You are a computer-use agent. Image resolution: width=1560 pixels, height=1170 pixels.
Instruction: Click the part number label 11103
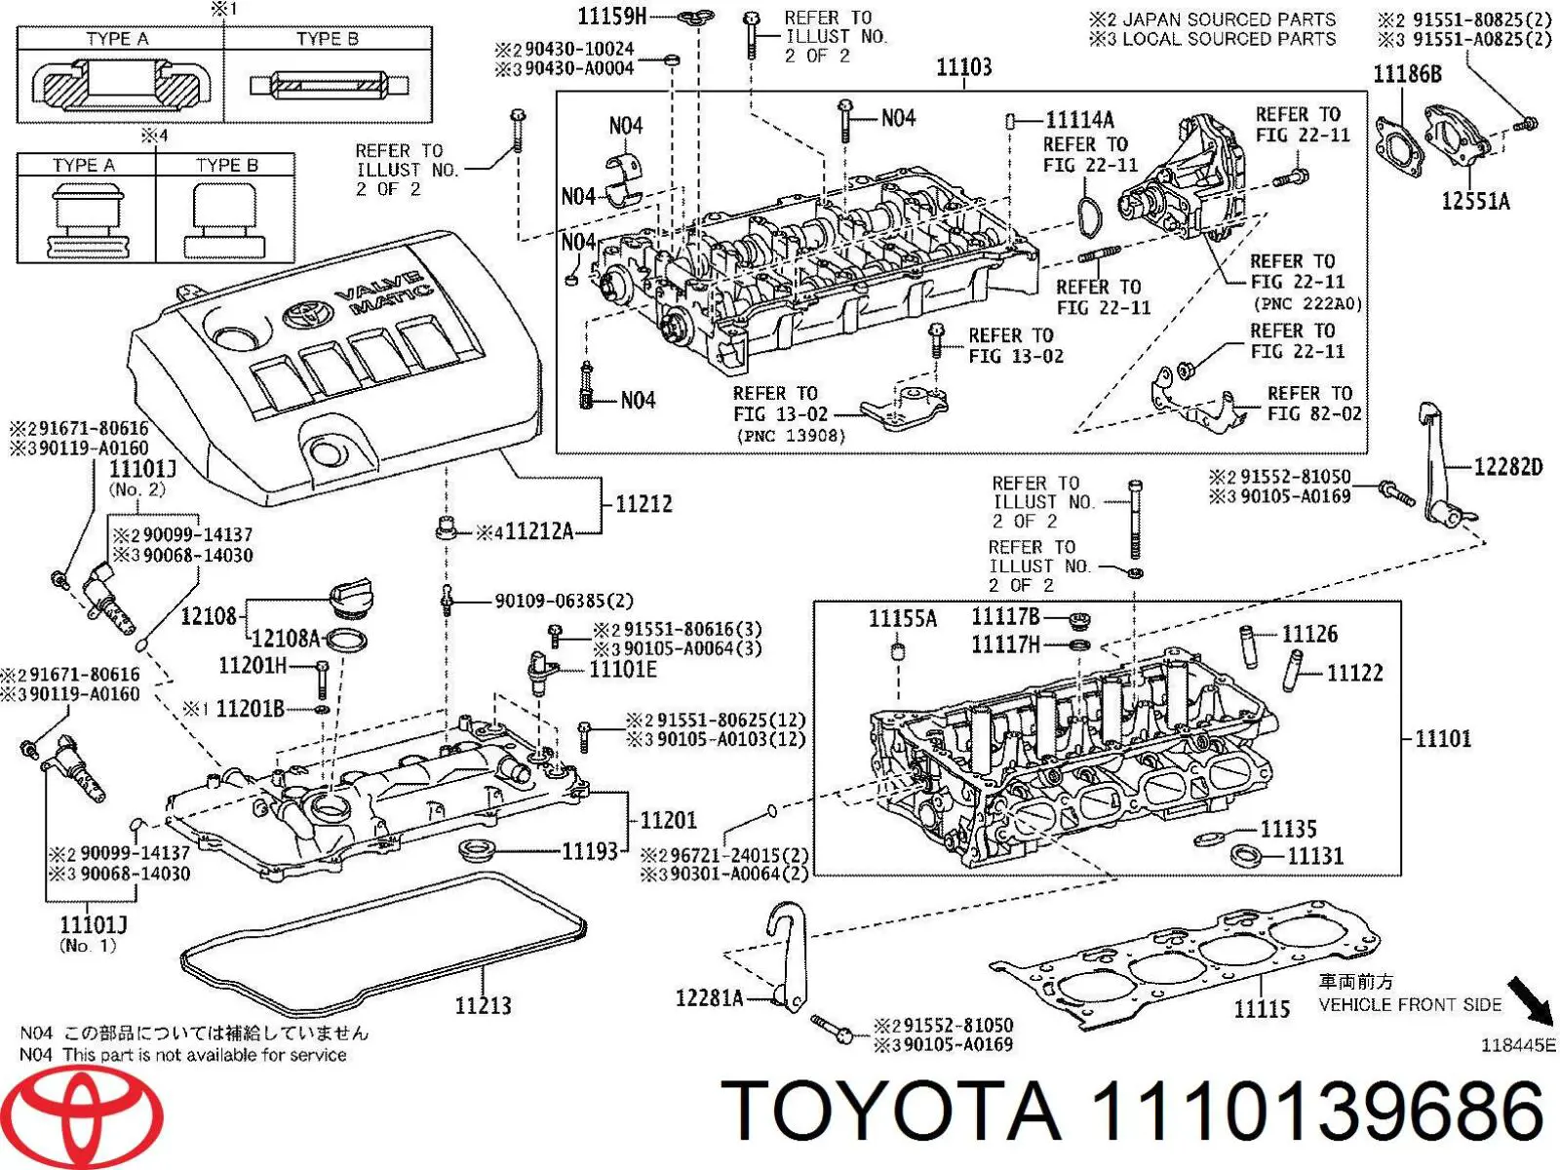(x=963, y=67)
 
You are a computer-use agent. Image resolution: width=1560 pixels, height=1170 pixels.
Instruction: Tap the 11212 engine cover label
(x=643, y=504)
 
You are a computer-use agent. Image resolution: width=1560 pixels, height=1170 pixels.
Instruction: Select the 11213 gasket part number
(x=483, y=1005)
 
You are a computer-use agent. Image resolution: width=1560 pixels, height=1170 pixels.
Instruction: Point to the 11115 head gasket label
(x=1262, y=1009)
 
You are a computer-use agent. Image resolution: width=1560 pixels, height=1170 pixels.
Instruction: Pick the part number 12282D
(x=1507, y=467)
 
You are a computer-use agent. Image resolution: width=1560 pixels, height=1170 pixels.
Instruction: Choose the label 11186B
(x=1407, y=74)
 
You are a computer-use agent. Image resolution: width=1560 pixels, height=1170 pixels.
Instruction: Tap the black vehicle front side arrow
(x=1530, y=999)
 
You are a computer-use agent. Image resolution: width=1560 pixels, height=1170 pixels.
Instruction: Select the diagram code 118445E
(x=1518, y=1045)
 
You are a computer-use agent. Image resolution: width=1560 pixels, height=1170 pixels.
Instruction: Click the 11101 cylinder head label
(x=1442, y=738)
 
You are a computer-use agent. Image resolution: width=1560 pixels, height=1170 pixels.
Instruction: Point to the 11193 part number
(x=590, y=851)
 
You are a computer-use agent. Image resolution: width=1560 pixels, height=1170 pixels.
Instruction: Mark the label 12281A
(x=709, y=997)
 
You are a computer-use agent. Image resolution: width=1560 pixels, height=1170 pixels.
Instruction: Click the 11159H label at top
(x=612, y=16)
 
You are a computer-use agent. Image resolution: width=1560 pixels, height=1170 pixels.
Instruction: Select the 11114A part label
(x=1079, y=120)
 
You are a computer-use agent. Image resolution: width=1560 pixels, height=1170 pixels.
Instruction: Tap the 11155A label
(x=902, y=619)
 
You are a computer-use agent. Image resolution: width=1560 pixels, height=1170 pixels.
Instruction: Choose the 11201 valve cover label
(x=668, y=820)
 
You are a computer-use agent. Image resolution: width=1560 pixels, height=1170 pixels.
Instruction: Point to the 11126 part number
(x=1309, y=635)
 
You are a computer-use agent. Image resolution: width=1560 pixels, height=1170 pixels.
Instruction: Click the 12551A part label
(x=1475, y=202)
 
